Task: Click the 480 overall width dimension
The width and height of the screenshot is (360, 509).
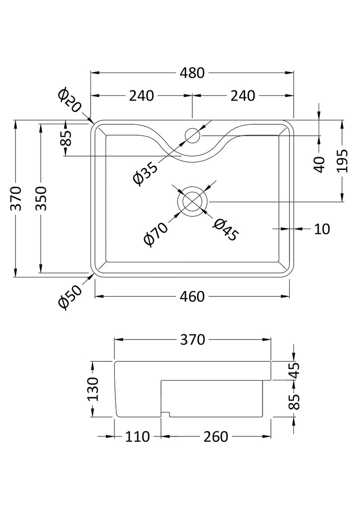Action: [192, 73]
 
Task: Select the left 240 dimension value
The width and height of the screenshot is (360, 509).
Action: [142, 95]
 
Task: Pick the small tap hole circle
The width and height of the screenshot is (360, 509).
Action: [192, 134]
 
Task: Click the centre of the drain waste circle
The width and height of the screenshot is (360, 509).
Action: [192, 201]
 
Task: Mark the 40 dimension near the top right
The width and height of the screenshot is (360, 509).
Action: [320, 164]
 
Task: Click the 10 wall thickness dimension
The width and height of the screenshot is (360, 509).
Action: [322, 229]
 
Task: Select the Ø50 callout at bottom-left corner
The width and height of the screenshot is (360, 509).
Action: [70, 296]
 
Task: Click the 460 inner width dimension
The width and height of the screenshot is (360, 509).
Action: [192, 297]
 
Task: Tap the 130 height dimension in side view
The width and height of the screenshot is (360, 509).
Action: [92, 389]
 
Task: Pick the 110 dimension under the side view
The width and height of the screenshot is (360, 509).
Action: [137, 436]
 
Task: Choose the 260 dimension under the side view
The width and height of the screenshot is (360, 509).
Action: [216, 436]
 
